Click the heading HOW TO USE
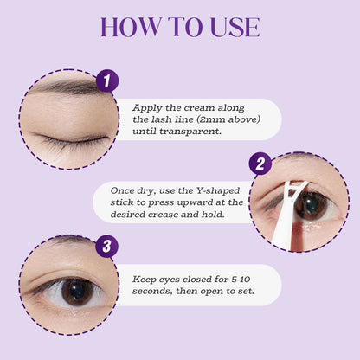180,26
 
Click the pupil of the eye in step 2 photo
309,204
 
